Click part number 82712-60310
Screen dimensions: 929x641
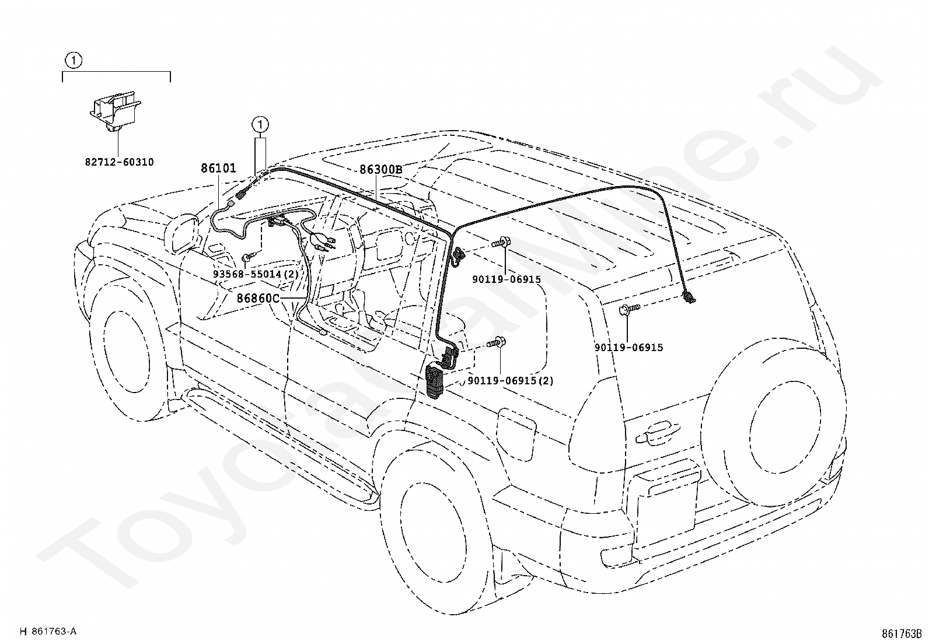(x=120, y=162)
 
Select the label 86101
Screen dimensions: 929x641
(x=218, y=168)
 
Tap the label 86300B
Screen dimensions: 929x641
(x=380, y=170)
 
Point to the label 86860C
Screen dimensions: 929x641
(x=259, y=298)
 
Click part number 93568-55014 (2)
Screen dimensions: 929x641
(x=256, y=274)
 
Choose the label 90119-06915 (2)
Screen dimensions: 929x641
(x=511, y=380)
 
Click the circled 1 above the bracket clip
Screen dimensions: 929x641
(x=74, y=61)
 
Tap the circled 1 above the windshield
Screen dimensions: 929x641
(x=260, y=124)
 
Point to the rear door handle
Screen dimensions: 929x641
(x=658, y=433)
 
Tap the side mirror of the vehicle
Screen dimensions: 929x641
(x=183, y=233)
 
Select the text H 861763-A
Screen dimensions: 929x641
(x=48, y=631)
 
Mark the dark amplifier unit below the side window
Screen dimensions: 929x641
(x=435, y=381)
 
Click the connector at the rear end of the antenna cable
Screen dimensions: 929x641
(x=689, y=297)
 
